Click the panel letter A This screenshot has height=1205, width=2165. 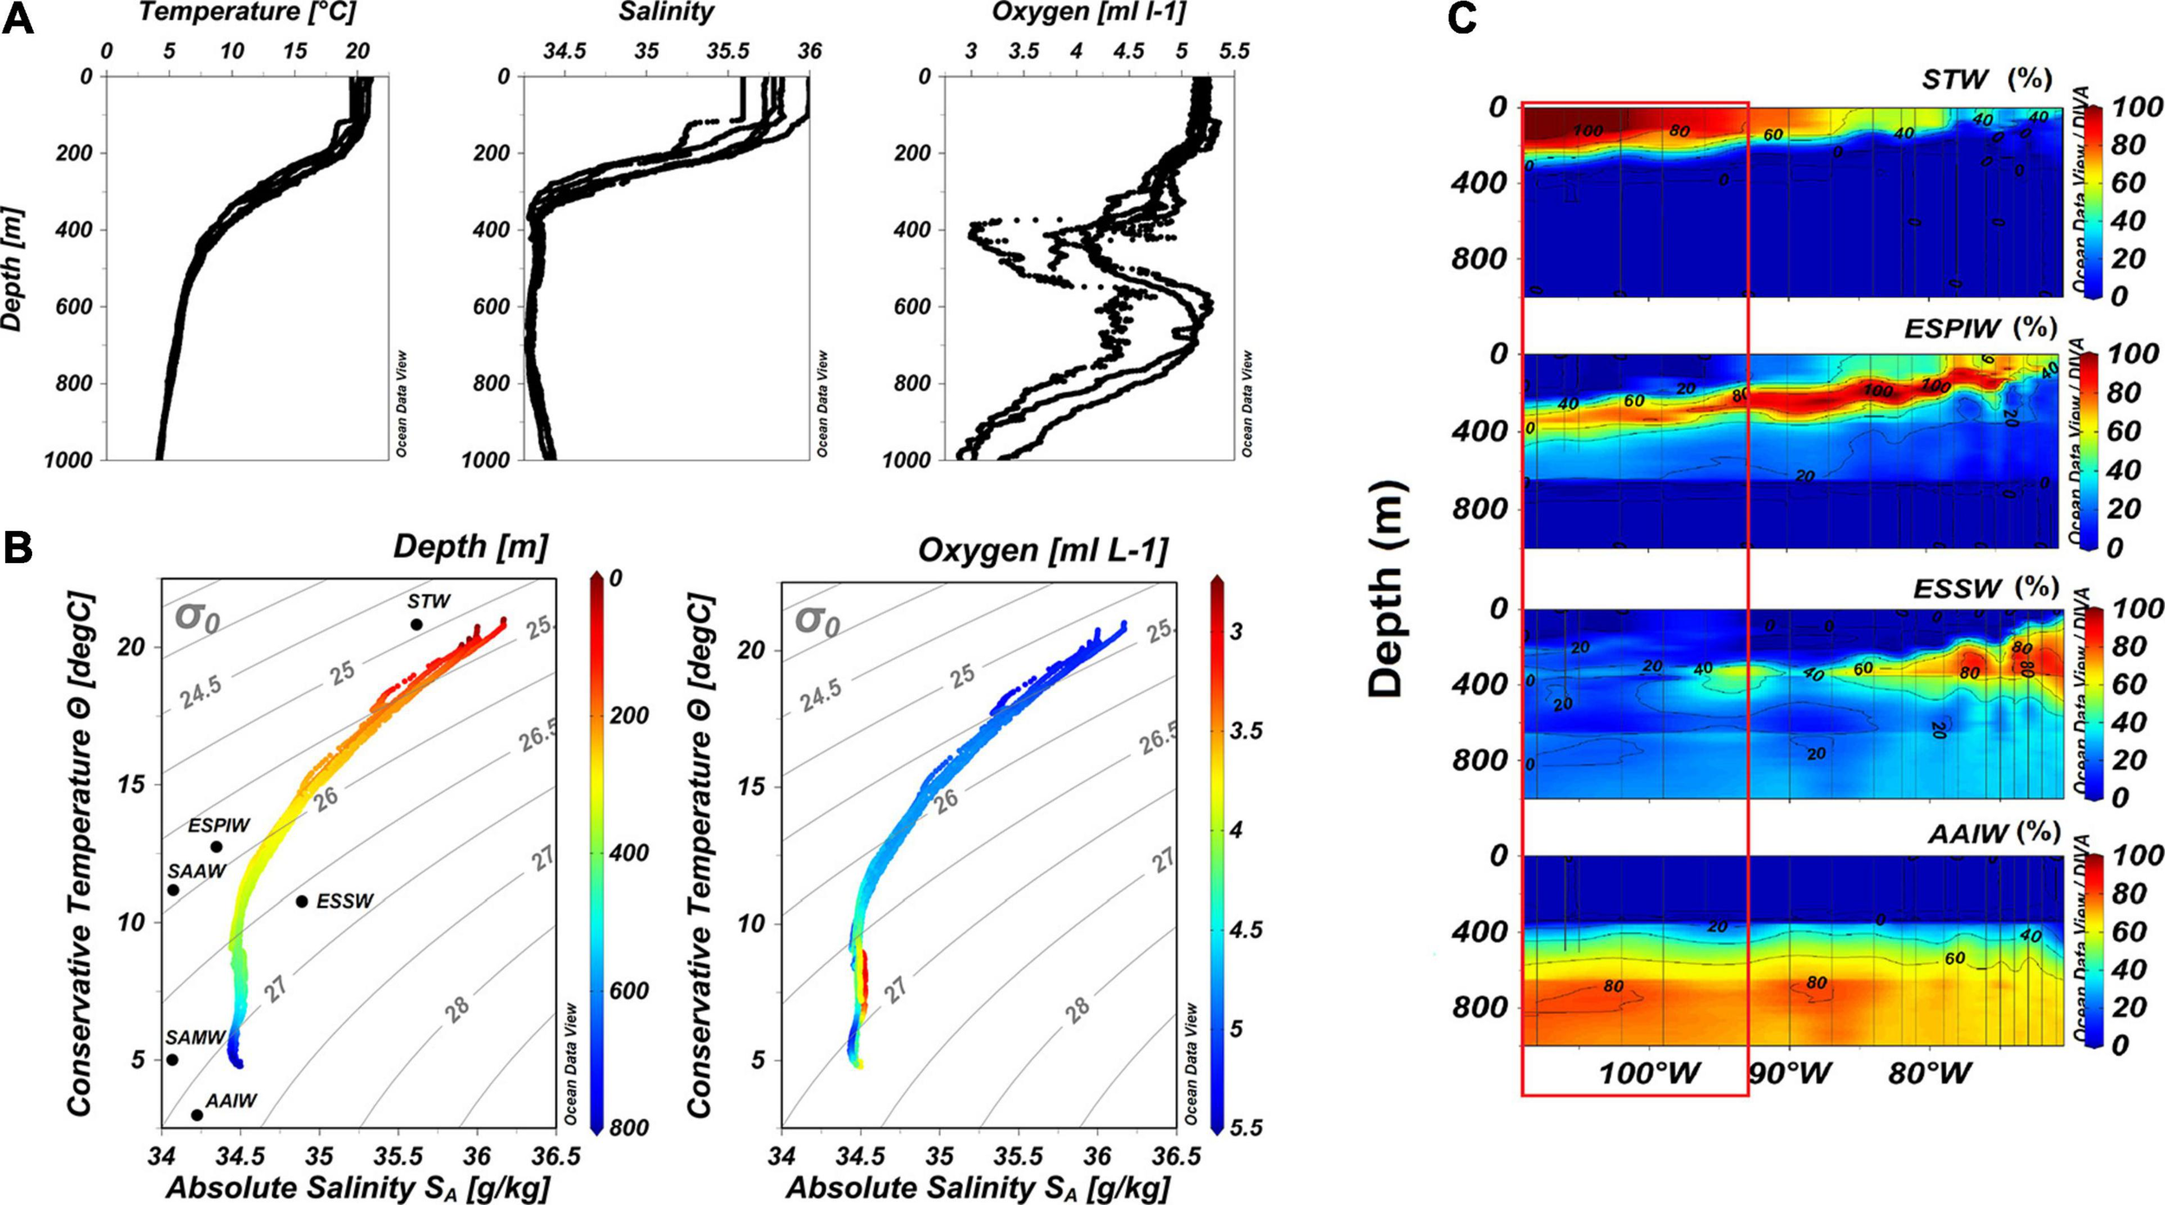coord(18,19)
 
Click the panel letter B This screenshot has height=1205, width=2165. coord(18,548)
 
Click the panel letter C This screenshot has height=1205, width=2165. coord(1463,18)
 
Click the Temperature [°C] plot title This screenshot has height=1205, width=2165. coord(247,12)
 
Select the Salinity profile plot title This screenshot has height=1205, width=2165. coord(666,12)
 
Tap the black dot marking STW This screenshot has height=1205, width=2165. coord(417,625)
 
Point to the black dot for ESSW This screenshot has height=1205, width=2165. coord(302,902)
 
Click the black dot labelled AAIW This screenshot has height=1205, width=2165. coord(197,1115)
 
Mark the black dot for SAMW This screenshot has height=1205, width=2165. coord(172,1059)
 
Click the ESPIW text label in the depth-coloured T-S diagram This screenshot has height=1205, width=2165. coord(219,826)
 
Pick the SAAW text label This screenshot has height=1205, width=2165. coord(197,871)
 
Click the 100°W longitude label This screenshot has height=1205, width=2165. coord(1649,1074)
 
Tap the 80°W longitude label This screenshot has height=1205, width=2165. coord(1929,1074)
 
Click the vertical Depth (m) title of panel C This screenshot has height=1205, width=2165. coord(1385,589)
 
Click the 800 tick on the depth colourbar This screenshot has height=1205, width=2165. coord(630,1127)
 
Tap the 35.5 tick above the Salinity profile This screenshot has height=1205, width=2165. coord(727,51)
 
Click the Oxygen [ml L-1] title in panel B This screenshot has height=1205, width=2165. coord(1043,550)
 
